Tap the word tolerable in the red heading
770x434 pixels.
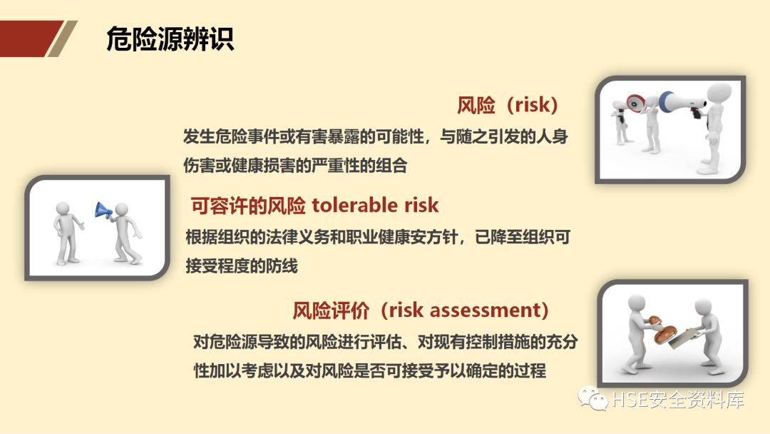click(x=356, y=206)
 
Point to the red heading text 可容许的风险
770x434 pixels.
click(x=248, y=206)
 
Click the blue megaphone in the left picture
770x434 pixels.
click(x=103, y=210)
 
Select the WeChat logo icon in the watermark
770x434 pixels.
click(x=593, y=398)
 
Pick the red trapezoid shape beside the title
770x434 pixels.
click(x=29, y=39)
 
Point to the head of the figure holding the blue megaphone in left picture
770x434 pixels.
click(x=122, y=209)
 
